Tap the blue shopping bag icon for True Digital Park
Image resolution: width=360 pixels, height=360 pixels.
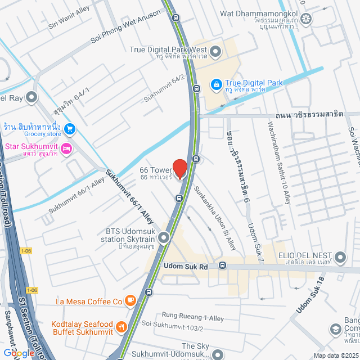point(215,84)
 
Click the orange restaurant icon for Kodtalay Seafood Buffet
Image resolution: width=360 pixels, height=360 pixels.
point(121,327)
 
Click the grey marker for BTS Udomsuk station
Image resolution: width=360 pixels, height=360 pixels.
point(164,238)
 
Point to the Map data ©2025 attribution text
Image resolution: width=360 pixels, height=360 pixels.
point(335,355)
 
